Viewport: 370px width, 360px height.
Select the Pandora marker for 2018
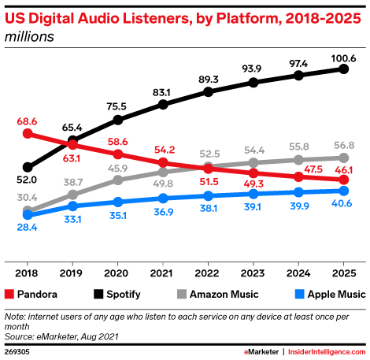pos(28,134)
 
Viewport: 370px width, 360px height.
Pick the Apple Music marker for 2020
pos(118,202)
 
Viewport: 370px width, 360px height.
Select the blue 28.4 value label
pos(28,228)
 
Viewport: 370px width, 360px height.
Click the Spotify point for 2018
pos(28,167)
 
